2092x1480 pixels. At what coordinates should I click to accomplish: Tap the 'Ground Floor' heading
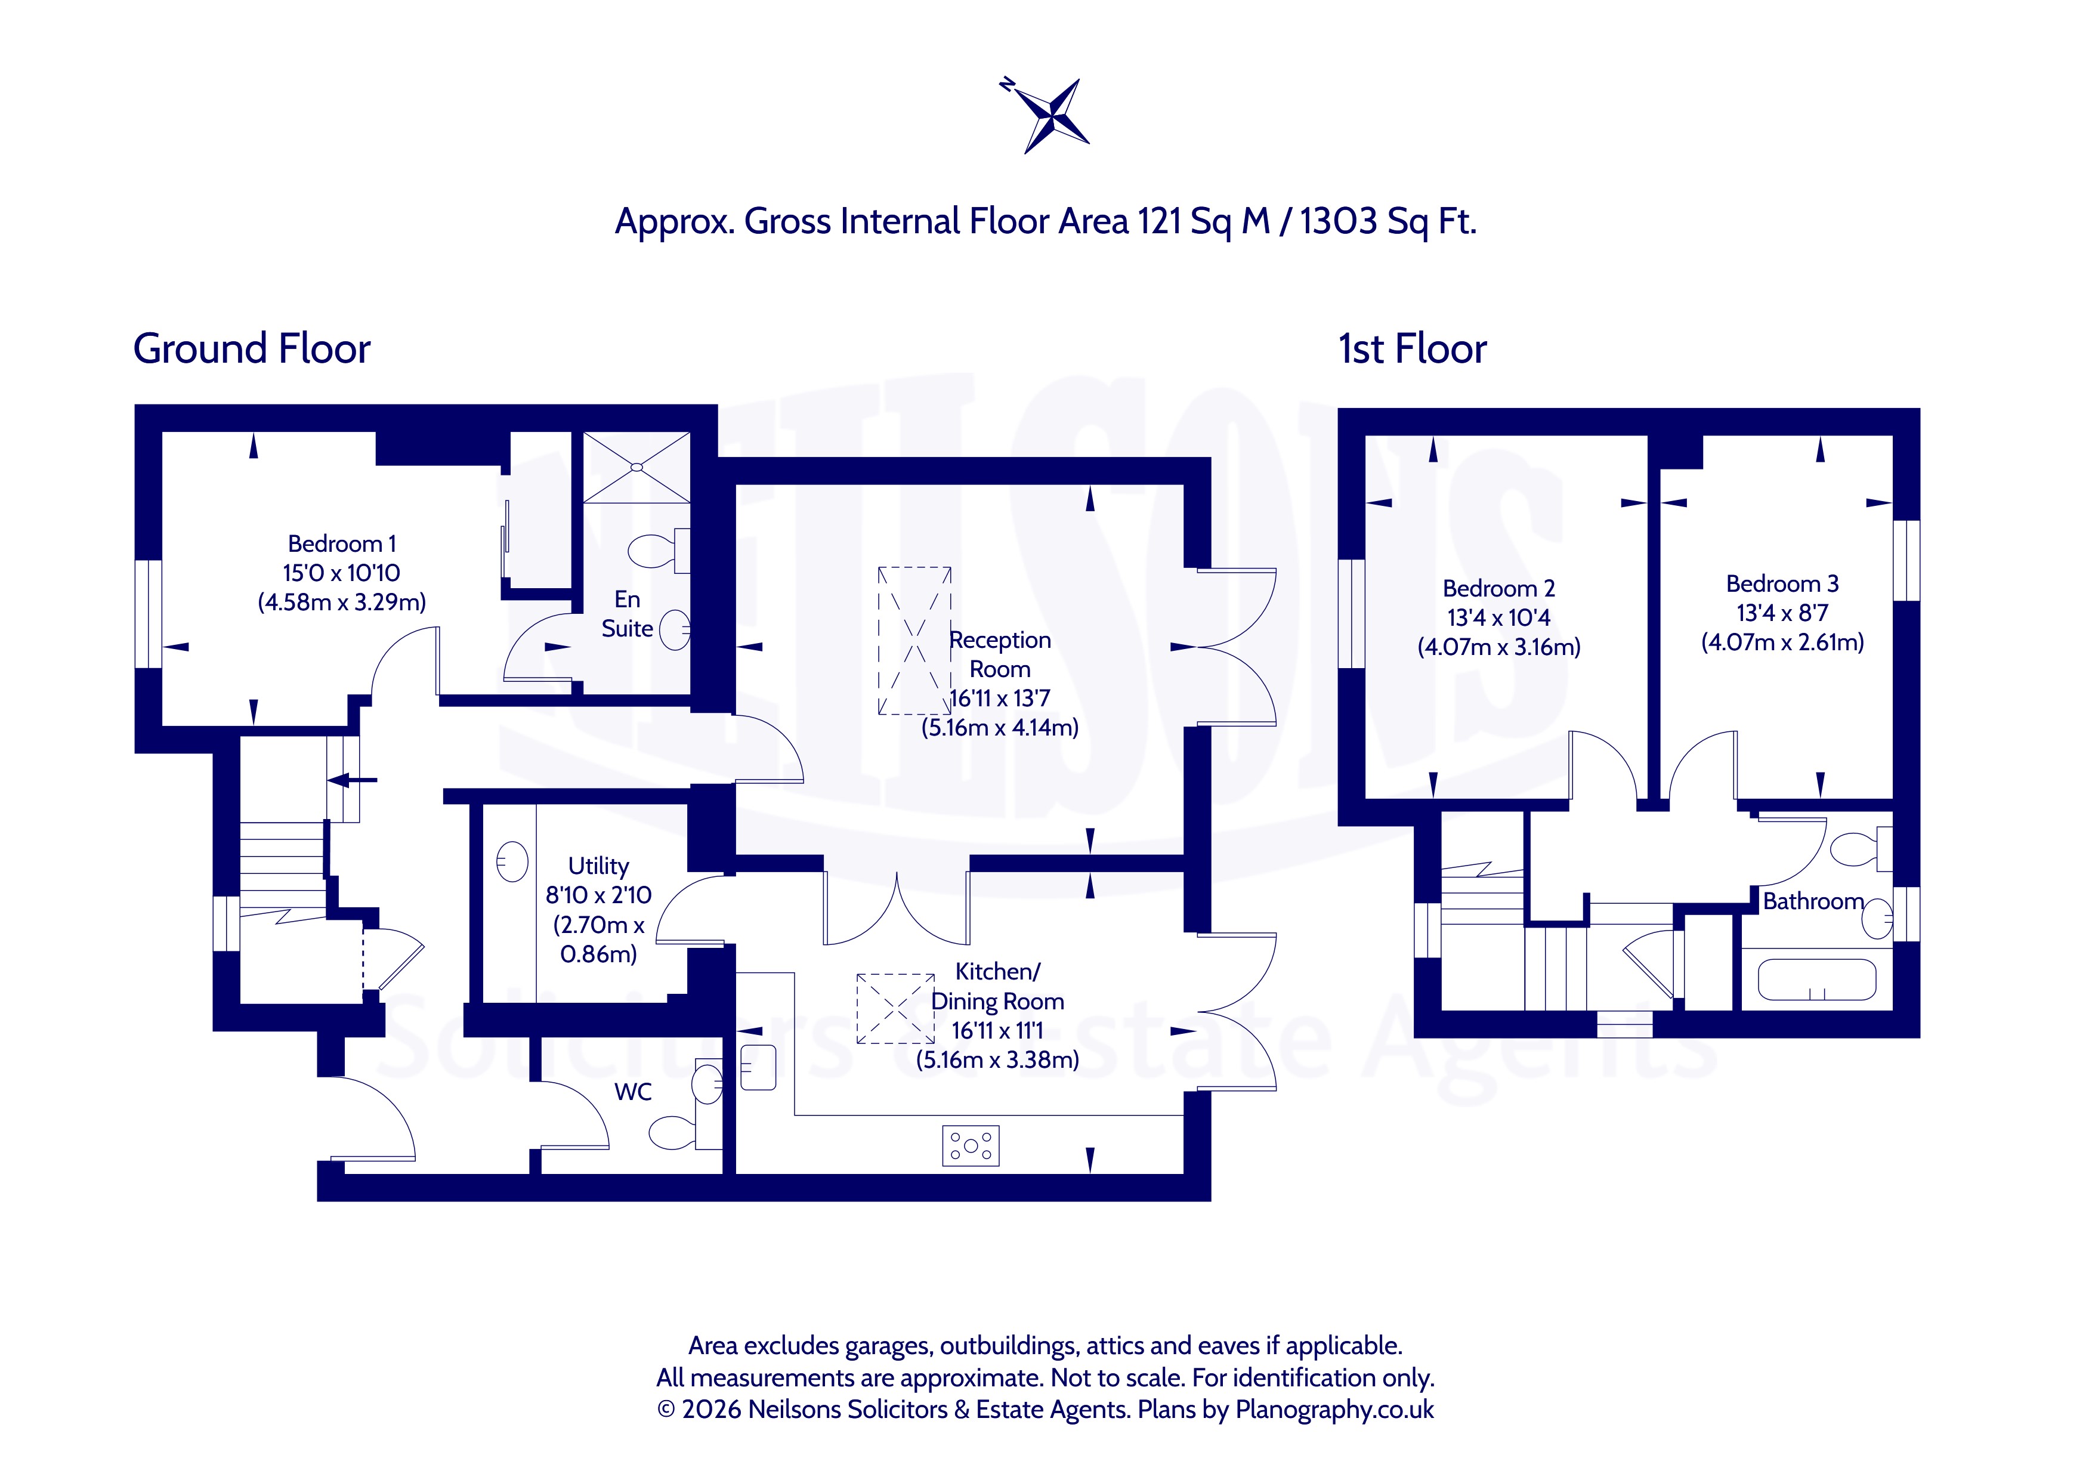coord(252,348)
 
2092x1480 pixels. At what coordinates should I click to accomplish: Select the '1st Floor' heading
coord(1413,348)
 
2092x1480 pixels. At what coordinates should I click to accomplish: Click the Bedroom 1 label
coord(342,543)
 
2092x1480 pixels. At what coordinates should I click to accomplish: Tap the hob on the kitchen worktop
coord(971,1145)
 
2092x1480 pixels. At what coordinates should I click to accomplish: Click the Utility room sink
coord(512,861)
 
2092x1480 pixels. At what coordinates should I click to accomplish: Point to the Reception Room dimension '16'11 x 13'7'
coord(1000,698)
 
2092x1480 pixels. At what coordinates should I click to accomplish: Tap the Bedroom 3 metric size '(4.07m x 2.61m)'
coord(1782,642)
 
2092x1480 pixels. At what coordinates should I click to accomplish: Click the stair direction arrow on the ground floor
coord(353,779)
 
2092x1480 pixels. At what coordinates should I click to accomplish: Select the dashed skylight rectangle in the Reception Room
coord(914,641)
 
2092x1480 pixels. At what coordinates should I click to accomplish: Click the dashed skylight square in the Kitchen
coord(895,1008)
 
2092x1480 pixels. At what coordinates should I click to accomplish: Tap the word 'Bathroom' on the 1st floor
coord(1813,901)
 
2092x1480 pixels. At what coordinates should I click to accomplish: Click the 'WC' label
coord(634,1092)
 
